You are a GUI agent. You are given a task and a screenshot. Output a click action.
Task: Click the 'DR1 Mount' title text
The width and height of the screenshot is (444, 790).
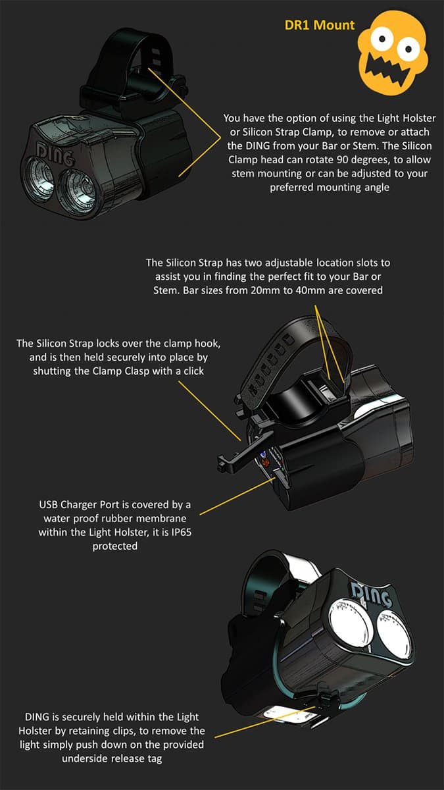[x=319, y=25]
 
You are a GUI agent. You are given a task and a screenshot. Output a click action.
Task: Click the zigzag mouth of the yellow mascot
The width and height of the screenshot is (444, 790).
[x=387, y=70]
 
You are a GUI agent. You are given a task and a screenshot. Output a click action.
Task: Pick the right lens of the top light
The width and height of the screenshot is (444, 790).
[x=78, y=191]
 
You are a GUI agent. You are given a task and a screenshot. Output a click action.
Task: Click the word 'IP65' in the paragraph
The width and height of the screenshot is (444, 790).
[x=182, y=532]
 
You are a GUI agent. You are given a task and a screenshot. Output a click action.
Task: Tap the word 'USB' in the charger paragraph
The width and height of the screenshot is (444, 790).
[x=48, y=505]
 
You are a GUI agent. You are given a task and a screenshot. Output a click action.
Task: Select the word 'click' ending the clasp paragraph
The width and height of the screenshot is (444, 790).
[x=194, y=371]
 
